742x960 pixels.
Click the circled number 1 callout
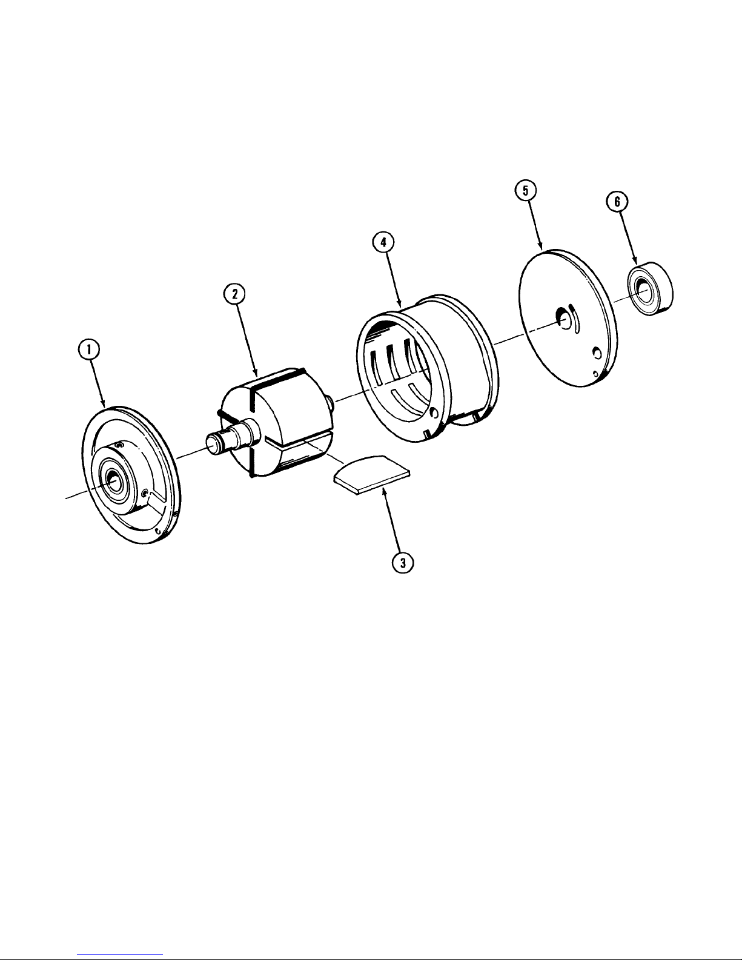point(89,350)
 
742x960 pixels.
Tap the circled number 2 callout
point(234,294)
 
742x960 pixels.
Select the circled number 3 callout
point(403,563)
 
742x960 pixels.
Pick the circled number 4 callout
point(383,242)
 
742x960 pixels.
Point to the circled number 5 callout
point(525,190)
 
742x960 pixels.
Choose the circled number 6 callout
point(617,202)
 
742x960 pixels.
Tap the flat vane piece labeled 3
point(372,474)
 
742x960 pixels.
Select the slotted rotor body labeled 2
point(276,422)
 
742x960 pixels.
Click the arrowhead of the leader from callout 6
point(636,260)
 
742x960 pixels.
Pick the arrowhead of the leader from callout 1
point(104,404)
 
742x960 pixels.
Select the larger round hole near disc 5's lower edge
point(597,353)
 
